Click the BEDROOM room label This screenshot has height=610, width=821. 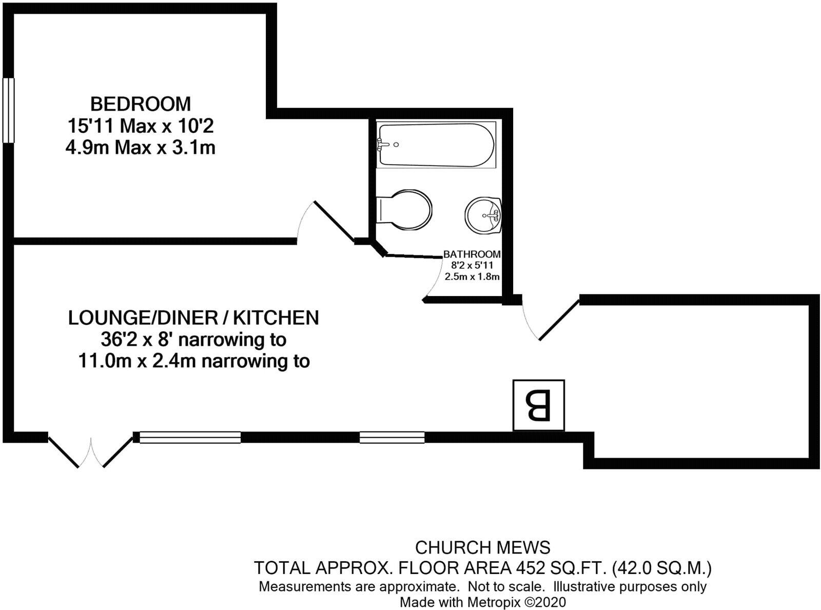pyautogui.click(x=140, y=104)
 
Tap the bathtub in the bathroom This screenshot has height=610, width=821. pyautogui.click(x=436, y=144)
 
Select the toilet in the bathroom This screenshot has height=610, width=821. pyautogui.click(x=405, y=210)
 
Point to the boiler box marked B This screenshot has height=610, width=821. pyautogui.click(x=538, y=405)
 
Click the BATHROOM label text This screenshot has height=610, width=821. pyautogui.click(x=472, y=254)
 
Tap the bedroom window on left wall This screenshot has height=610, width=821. pyautogui.click(x=8, y=110)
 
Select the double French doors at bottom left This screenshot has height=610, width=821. pyautogui.click(x=90, y=450)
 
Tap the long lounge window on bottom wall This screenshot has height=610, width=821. pyautogui.click(x=190, y=438)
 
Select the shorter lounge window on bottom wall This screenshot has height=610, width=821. pyautogui.click(x=392, y=438)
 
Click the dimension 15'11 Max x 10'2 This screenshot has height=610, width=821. pyautogui.click(x=140, y=126)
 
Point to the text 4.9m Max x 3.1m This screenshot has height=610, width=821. pyautogui.click(x=140, y=148)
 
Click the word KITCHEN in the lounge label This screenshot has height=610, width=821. pyautogui.click(x=276, y=318)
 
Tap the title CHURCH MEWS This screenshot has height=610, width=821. pyautogui.click(x=482, y=547)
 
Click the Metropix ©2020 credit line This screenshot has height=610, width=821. pyautogui.click(x=482, y=602)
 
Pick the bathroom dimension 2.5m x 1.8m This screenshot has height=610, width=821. pyautogui.click(x=472, y=277)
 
